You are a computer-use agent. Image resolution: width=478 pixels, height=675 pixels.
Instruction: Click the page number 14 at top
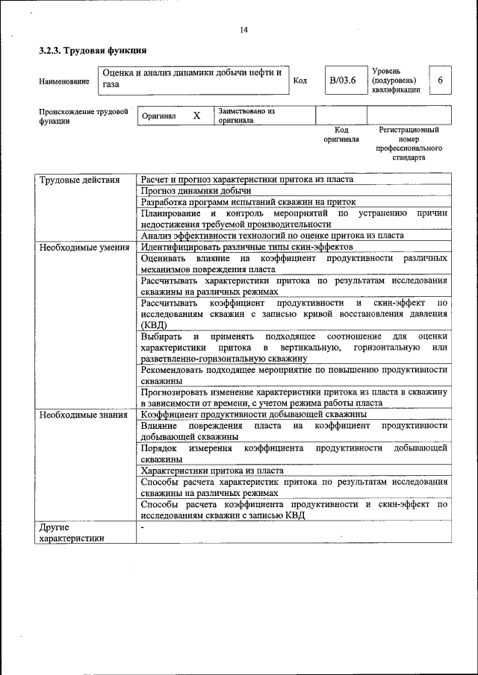[x=243, y=30]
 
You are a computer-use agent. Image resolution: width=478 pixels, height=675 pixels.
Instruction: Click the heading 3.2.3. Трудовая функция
[x=93, y=51]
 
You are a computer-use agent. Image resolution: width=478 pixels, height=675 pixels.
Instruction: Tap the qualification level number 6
[x=441, y=80]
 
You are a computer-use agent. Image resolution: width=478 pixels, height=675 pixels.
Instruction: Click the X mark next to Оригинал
[x=196, y=116]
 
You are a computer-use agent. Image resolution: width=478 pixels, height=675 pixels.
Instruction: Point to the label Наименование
[x=64, y=81]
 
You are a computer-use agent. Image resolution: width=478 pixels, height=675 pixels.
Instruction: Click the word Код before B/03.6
[x=299, y=81]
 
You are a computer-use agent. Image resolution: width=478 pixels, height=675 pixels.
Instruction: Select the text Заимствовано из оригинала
[x=247, y=116]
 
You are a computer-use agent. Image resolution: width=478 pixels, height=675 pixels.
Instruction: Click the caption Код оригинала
[x=341, y=134]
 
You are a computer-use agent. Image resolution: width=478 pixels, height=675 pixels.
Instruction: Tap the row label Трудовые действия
[x=78, y=180]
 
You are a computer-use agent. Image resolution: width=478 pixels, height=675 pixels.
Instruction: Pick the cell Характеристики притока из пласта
[x=211, y=471]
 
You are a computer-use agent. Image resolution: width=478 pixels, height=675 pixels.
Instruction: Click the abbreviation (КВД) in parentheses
[x=154, y=325]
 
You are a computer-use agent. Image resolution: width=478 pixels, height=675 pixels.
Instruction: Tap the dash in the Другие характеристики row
[x=143, y=527]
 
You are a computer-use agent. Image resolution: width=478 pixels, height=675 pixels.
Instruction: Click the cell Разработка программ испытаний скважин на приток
[x=248, y=202]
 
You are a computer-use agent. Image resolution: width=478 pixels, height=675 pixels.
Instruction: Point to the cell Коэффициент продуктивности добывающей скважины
[x=252, y=415]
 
